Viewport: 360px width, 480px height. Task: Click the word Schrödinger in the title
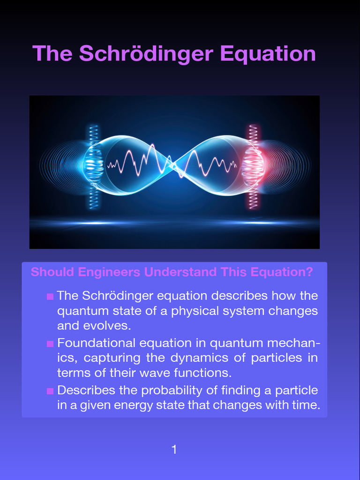pyautogui.click(x=146, y=53)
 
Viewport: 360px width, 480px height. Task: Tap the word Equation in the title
pyautogui.click(x=268, y=53)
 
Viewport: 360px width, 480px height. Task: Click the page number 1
pyautogui.click(x=174, y=450)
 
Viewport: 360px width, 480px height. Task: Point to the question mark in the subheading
pyautogui.click(x=309, y=272)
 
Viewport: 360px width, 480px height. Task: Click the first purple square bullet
pyautogui.click(x=50, y=297)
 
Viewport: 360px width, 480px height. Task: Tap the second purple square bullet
pyautogui.click(x=50, y=344)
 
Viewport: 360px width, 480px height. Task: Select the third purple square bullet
pyautogui.click(x=50, y=391)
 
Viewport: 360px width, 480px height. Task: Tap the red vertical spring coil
pyautogui.click(x=254, y=166)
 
